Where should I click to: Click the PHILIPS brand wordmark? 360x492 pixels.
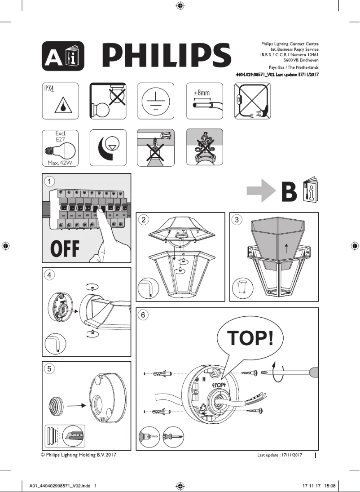pos(167,56)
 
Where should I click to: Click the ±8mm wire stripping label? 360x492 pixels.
pos(202,93)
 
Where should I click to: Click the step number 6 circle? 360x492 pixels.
pos(143,315)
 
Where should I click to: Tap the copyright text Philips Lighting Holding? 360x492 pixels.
pos(79,455)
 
